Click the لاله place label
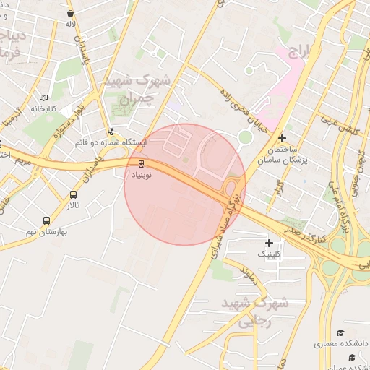coord(71,25)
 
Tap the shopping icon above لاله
coord(69,13)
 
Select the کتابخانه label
coord(43,108)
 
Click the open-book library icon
coord(43,97)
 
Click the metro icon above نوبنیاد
coord(141,163)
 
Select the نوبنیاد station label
coord(142,175)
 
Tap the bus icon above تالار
coord(74,194)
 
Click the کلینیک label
coord(271,254)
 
